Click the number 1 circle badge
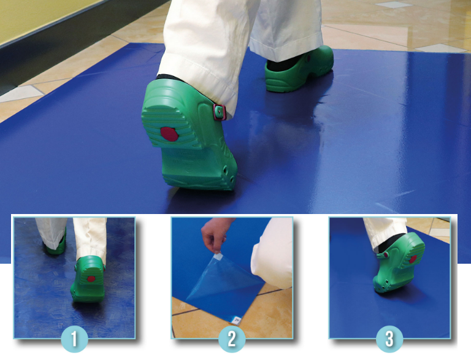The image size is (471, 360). click(74, 339)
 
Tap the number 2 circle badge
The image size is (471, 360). click(232, 339)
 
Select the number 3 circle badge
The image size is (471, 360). click(389, 339)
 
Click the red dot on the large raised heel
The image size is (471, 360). click(169, 134)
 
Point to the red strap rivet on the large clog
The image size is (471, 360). click(220, 112)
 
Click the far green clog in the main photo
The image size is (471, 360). click(299, 69)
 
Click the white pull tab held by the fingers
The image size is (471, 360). click(218, 257)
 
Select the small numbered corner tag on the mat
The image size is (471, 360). click(237, 320)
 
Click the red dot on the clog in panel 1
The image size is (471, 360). click(91, 278)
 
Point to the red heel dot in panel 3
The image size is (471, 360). click(413, 259)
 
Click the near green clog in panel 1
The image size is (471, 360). click(88, 279)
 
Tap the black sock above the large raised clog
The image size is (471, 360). click(168, 77)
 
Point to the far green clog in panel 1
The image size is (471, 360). click(55, 245)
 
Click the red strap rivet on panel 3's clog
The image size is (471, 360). click(385, 255)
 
